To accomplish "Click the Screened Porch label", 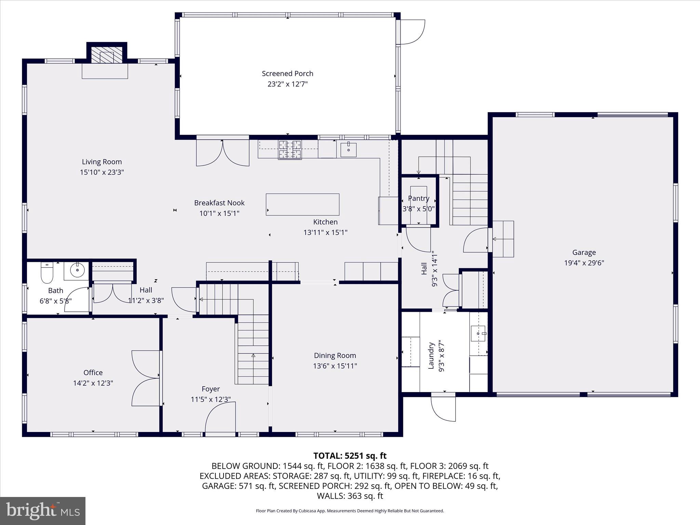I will coord(287,73).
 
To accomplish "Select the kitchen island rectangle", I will coord(302,204).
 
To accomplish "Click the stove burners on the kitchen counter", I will coord(290,150).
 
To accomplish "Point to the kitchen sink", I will coord(348,150).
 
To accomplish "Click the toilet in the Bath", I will coord(47,273).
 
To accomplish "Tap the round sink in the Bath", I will coord(77,270).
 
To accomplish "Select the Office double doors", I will coord(146,378).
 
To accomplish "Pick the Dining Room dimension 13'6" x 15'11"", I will coord(335,366).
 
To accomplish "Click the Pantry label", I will coord(418,198).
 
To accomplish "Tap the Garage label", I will coord(584,252).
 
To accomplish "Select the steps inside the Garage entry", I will coord(503,239).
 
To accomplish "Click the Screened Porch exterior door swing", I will coord(412,32).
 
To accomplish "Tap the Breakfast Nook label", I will coord(219,203).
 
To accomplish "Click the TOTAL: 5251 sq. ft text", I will coord(350,456).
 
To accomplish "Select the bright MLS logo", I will coord(43,511).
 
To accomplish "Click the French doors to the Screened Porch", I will coord(223,152).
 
